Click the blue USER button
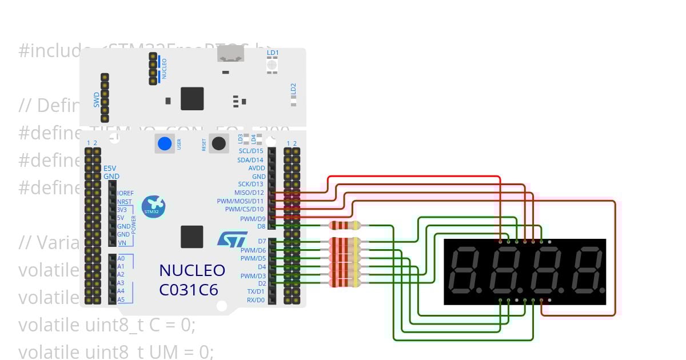(165, 143)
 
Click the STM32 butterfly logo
(153, 207)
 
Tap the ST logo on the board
(233, 238)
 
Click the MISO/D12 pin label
(249, 193)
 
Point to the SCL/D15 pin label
(250, 151)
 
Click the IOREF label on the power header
(125, 193)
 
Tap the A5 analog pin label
(121, 299)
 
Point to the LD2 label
(293, 89)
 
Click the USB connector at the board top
(230, 54)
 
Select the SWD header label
(97, 100)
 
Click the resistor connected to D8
(345, 225)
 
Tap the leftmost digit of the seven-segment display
(465, 271)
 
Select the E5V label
(110, 169)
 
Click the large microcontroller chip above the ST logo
(192, 237)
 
